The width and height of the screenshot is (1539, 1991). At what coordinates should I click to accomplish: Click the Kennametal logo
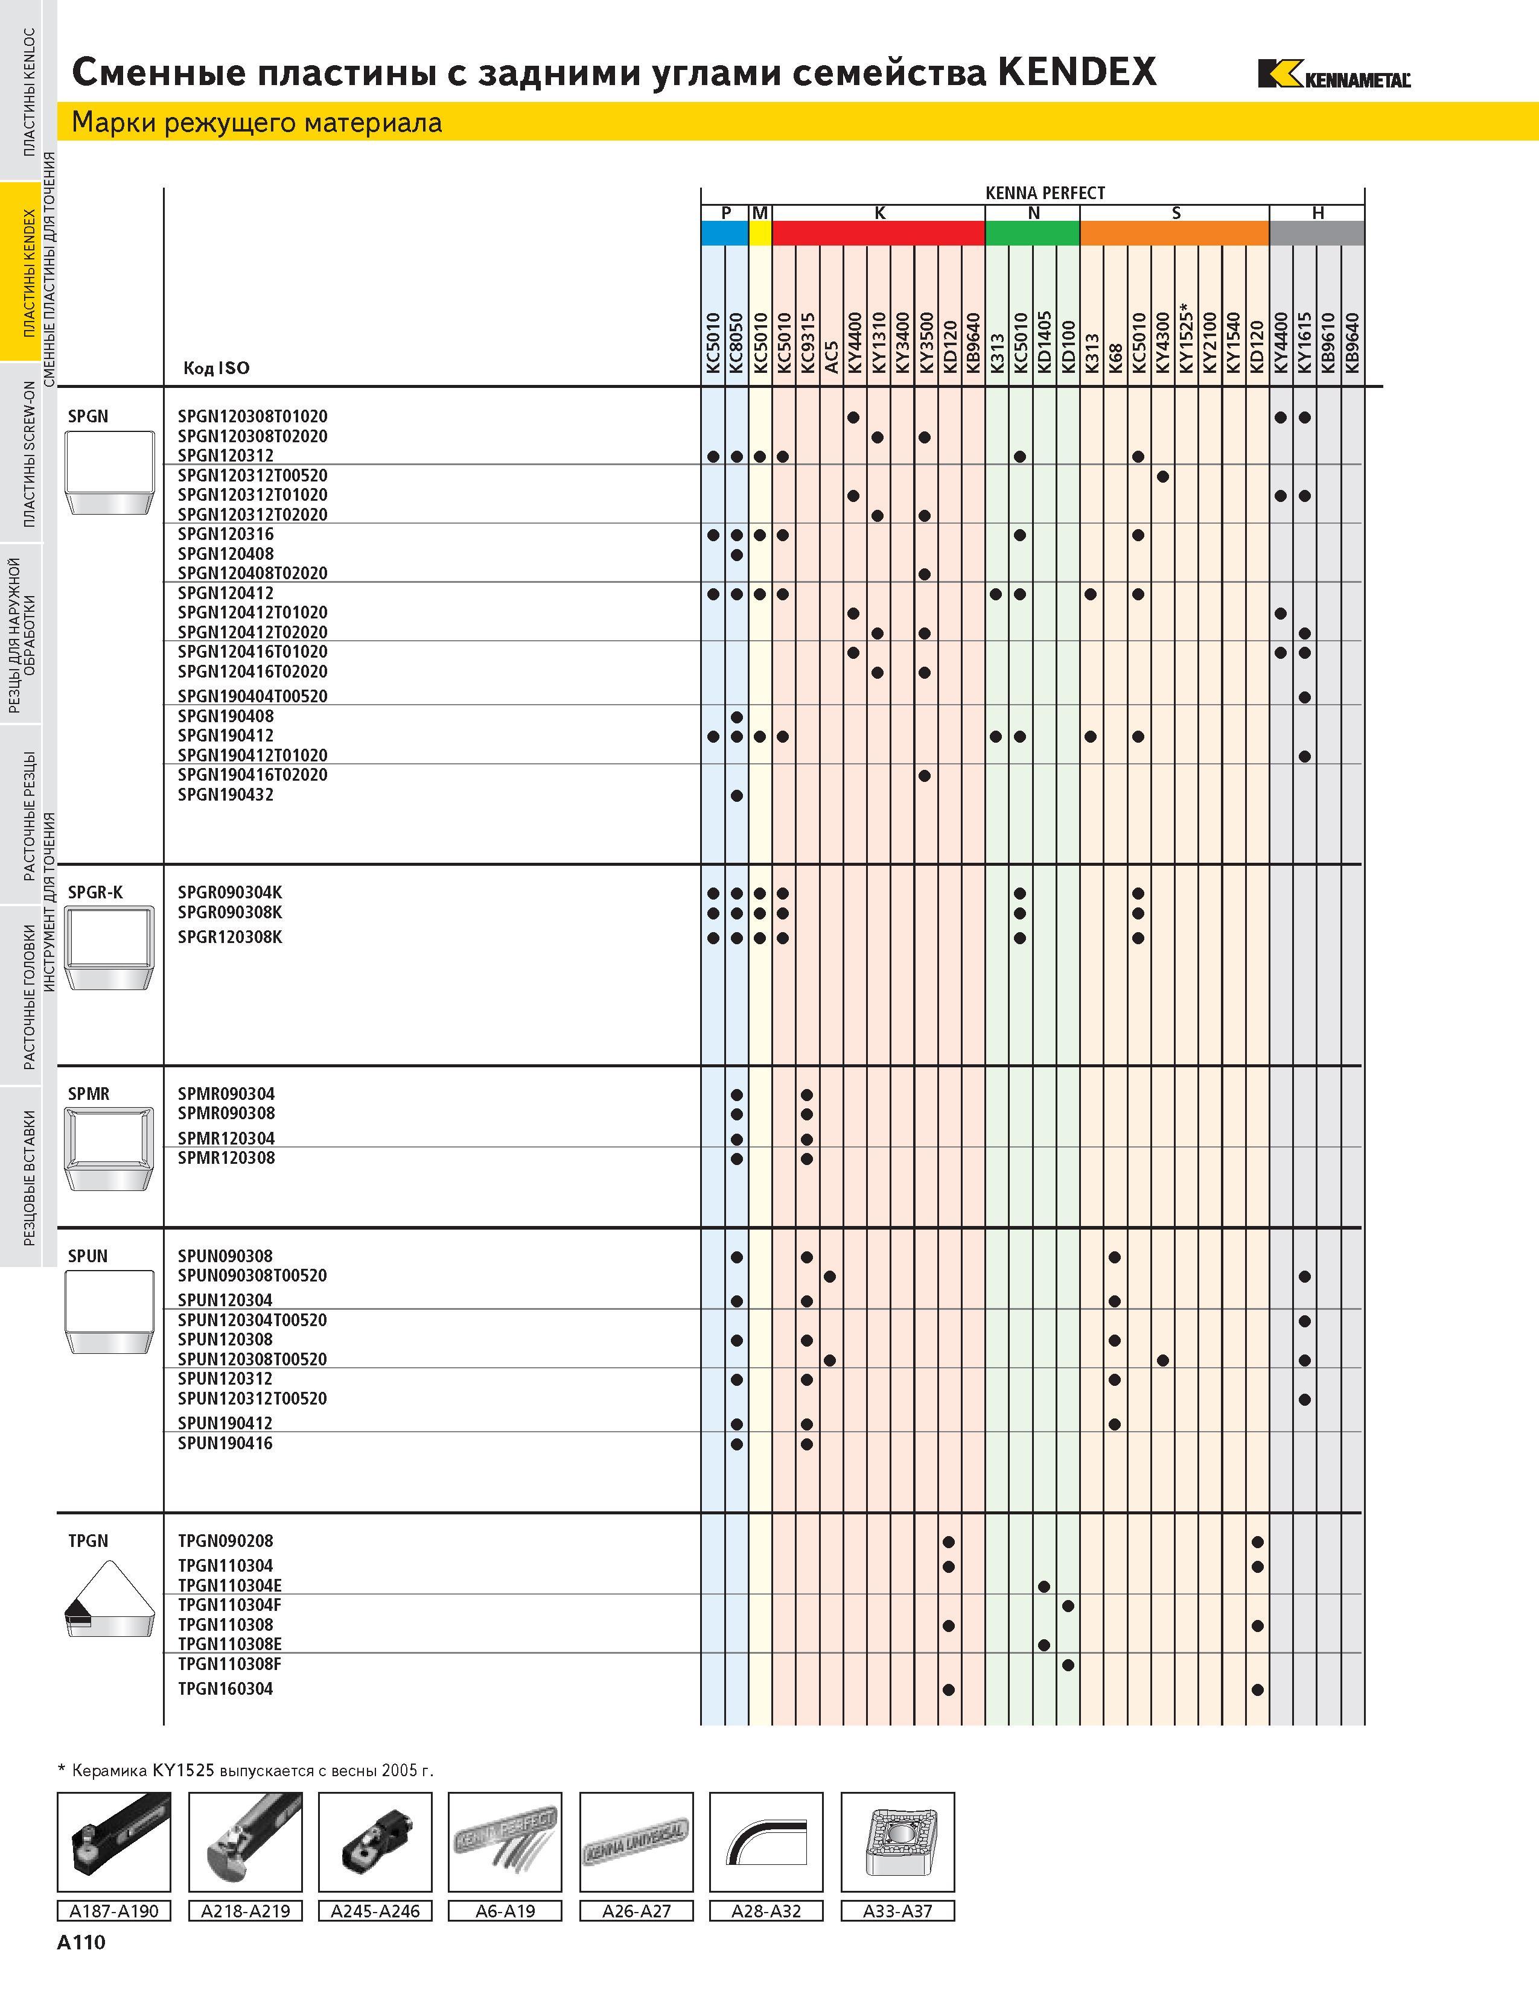(1334, 74)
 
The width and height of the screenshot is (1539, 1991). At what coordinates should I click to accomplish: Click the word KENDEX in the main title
(1077, 71)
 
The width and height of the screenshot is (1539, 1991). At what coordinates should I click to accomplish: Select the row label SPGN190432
(225, 795)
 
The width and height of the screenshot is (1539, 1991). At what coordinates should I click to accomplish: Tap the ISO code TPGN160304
(225, 1689)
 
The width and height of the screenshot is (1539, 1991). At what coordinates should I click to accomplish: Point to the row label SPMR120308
(226, 1158)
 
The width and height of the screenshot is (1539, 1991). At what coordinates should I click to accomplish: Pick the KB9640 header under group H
(1352, 343)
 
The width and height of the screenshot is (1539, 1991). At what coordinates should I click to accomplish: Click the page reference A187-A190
(114, 1911)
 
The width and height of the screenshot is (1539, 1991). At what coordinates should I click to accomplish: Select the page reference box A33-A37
(898, 1911)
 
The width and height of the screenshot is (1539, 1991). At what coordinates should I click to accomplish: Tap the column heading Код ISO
(216, 368)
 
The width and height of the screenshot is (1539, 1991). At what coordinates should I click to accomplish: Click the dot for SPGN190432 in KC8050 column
(737, 796)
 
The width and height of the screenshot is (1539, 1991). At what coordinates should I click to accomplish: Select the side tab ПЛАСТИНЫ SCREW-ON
(28, 454)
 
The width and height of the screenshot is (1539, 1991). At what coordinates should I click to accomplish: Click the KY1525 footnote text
(245, 1770)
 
